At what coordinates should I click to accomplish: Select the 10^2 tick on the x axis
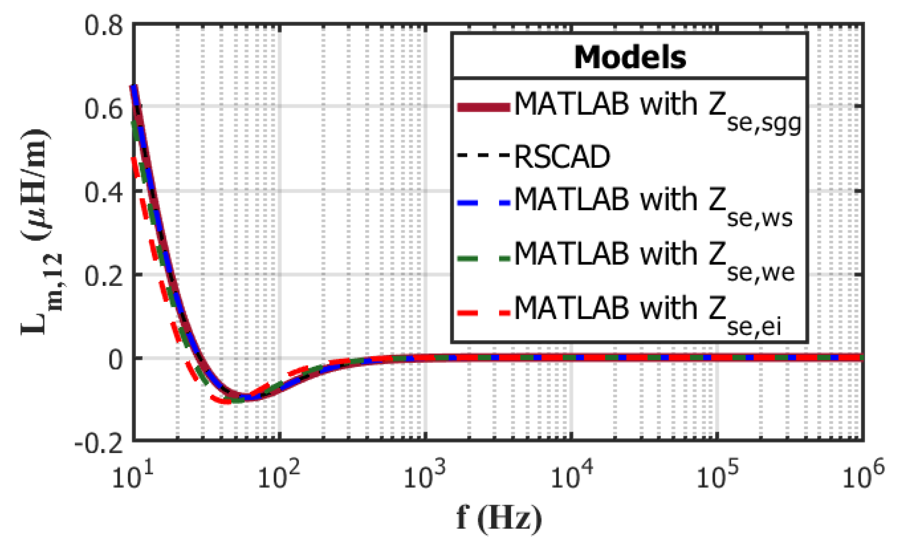(x=279, y=476)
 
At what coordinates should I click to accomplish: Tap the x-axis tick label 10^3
(x=425, y=476)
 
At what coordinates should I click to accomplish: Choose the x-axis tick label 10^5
(x=718, y=476)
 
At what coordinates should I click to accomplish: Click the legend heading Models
(x=630, y=58)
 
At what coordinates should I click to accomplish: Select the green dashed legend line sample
(x=483, y=258)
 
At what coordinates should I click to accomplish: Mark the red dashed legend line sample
(x=483, y=312)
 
